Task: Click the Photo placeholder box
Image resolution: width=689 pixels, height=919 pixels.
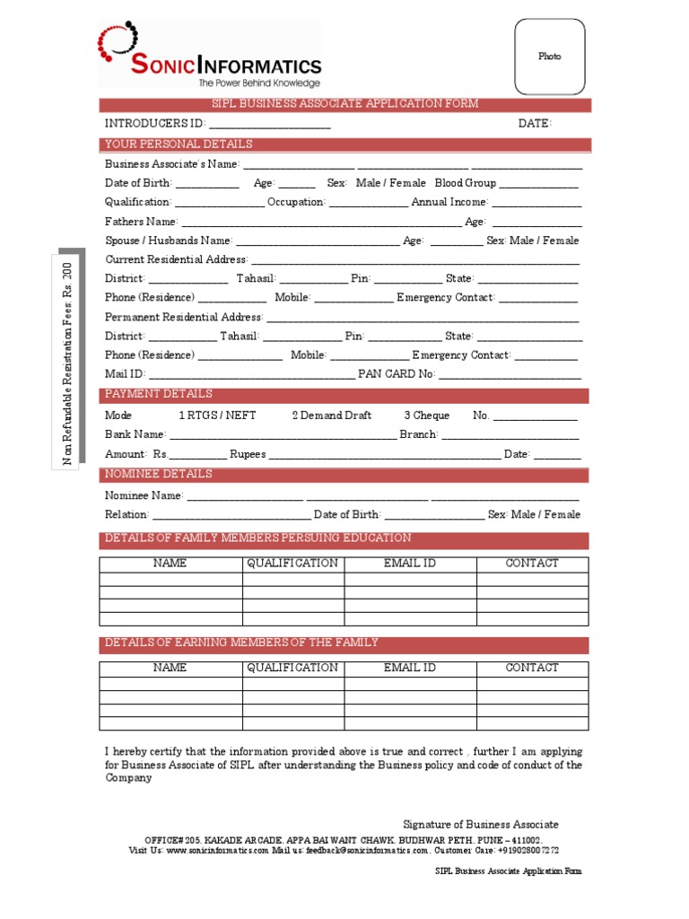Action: pyautogui.click(x=549, y=57)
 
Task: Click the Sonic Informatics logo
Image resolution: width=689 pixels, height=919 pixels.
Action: pyautogui.click(x=210, y=57)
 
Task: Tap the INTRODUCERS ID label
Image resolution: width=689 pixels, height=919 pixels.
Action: pyautogui.click(x=155, y=124)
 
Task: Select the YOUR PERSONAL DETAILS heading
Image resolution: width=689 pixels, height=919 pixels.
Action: pyautogui.click(x=179, y=144)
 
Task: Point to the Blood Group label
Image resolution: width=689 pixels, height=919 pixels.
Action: pyautogui.click(x=465, y=183)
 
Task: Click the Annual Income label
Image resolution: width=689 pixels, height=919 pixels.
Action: pyautogui.click(x=449, y=203)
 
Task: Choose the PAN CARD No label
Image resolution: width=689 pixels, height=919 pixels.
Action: pyautogui.click(x=396, y=374)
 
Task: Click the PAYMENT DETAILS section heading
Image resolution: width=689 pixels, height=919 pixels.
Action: pyautogui.click(x=159, y=394)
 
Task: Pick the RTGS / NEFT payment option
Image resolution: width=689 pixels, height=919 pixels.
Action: pyautogui.click(x=217, y=416)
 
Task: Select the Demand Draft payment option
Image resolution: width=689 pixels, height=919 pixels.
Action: pyautogui.click(x=331, y=416)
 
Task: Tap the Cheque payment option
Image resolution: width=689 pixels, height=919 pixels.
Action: pyautogui.click(x=426, y=416)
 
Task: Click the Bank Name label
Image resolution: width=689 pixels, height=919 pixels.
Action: pyautogui.click(x=135, y=434)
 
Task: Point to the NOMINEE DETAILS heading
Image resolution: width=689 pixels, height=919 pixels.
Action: pyautogui.click(x=159, y=474)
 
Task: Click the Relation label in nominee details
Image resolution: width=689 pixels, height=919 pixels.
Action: pyautogui.click(x=126, y=515)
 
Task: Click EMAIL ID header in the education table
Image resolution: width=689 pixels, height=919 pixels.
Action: pyautogui.click(x=410, y=564)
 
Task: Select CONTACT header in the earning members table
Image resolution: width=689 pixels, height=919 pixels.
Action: pyautogui.click(x=532, y=668)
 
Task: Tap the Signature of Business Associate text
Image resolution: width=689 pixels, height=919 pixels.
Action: pyautogui.click(x=480, y=824)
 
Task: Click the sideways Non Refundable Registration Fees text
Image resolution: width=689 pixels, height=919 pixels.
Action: pyautogui.click(x=66, y=364)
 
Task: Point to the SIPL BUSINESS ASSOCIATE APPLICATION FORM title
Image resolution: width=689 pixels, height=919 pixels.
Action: pyautogui.click(x=344, y=104)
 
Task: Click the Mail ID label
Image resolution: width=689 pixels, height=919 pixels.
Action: pyautogui.click(x=124, y=374)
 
